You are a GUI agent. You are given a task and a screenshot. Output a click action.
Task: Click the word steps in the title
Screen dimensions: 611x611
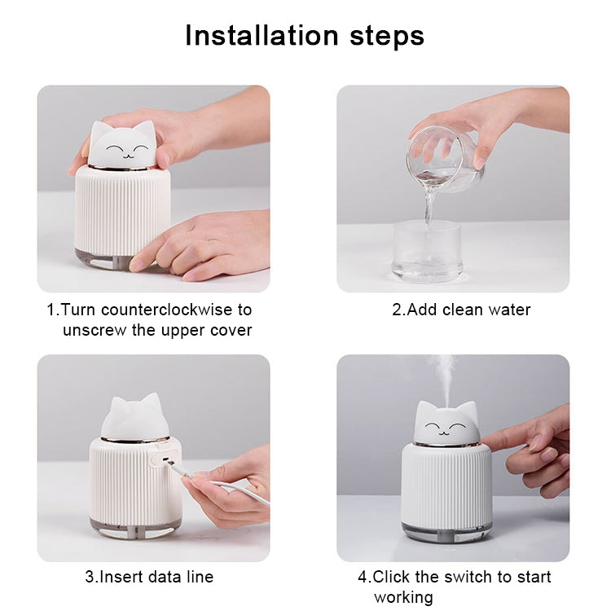click(x=381, y=36)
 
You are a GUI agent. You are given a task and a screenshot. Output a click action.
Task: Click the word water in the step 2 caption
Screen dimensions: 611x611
click(x=509, y=310)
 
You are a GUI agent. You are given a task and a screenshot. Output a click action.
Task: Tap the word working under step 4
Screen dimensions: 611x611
click(x=403, y=597)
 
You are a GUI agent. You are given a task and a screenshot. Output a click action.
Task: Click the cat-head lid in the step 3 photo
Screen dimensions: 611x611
click(x=134, y=418)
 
